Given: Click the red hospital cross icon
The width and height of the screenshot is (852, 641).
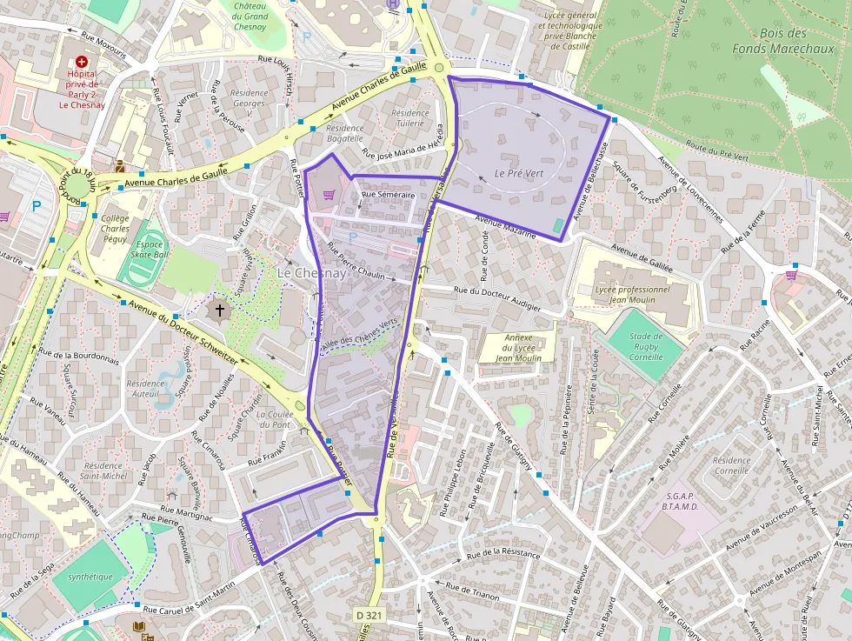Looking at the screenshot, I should [82, 63].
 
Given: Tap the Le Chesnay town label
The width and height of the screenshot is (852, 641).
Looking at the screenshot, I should [311, 273].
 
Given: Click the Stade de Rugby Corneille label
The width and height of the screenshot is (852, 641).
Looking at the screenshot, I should [645, 346].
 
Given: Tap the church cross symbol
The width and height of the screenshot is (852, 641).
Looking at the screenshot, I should [219, 309].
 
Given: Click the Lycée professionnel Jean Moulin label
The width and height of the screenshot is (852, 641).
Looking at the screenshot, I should [633, 295].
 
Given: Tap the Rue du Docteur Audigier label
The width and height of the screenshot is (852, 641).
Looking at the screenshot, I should [496, 299].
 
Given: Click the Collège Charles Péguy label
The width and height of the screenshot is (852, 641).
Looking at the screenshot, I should [116, 229].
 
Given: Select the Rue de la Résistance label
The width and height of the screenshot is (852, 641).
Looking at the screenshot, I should [503, 553].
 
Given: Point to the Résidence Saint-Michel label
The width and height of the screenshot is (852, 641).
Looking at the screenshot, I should [103, 470].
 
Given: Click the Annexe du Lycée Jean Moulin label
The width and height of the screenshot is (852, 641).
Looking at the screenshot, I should [518, 347].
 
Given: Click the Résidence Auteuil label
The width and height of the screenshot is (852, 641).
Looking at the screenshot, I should [145, 389].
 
